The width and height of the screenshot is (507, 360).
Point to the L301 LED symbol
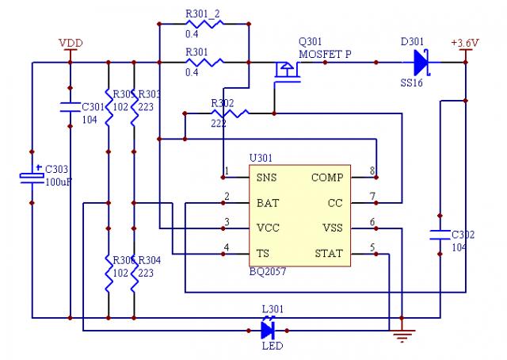tap(269, 327)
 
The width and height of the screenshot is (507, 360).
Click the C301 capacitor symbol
tap(70, 104)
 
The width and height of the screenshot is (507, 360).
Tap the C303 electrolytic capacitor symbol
tap(32, 175)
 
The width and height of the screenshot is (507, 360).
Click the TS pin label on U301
tap(262, 255)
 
